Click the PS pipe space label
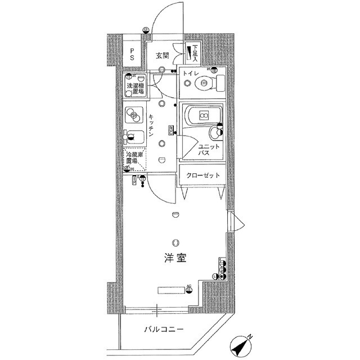(132, 55)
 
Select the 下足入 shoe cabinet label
(195, 53)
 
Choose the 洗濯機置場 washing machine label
(135, 88)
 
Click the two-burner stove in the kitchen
(134, 115)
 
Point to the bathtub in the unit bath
(199, 116)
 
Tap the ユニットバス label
(204, 149)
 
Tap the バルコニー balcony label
(163, 329)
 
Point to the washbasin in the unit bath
(215, 133)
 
